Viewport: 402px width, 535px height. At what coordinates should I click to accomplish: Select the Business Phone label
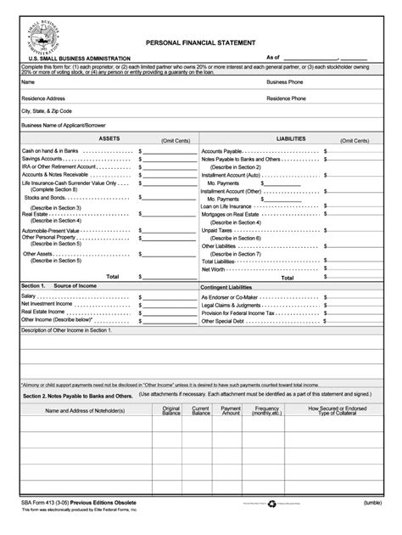pos(287,82)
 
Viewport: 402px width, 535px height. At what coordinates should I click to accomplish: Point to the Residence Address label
pos(43,98)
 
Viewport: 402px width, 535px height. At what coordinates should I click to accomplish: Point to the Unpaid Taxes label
pos(218,229)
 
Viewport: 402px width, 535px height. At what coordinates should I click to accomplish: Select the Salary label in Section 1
pos(29,296)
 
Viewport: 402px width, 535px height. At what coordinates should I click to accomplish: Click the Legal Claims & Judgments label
pos(232,304)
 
